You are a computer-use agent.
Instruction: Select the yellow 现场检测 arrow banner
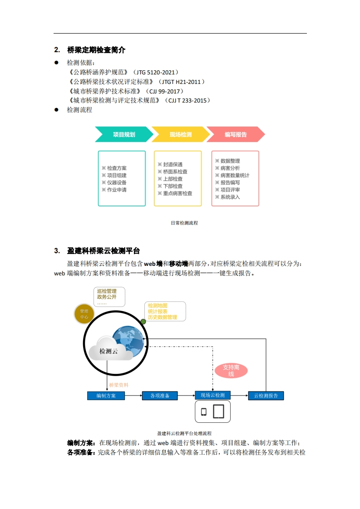pos(180,134)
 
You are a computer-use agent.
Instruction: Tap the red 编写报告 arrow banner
pos(236,134)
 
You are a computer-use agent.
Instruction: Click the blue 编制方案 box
pos(106,396)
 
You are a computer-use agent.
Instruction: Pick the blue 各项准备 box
pos(160,396)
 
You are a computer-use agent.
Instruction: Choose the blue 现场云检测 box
pos(212,395)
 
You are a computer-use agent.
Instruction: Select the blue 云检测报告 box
pos(266,396)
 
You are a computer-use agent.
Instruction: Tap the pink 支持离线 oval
pos(231,371)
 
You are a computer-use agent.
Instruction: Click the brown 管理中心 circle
pos(84,314)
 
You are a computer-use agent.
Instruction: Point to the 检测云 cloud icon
pos(109,350)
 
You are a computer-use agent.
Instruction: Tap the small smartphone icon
pos(204,412)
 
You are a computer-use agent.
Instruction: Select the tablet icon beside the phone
pos(218,411)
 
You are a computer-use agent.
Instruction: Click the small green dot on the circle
pos(143,321)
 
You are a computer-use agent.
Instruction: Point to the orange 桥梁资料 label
pos(119,385)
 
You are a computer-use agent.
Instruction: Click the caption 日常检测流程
pos(184,223)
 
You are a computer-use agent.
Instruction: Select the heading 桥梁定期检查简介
pos(96,50)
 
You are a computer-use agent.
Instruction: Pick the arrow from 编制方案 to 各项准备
pos(133,396)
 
